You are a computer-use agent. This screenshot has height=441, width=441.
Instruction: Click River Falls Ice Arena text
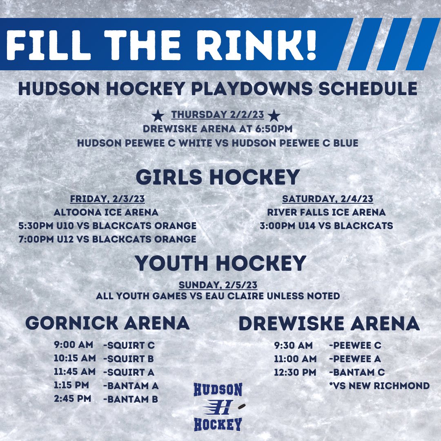[x=327, y=212]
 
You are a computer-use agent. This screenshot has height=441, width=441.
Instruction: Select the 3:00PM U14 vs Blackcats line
[x=327, y=225]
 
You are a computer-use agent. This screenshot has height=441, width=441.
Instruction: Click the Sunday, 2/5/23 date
[x=220, y=285]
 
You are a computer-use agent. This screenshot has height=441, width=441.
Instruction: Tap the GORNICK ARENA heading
[x=107, y=323]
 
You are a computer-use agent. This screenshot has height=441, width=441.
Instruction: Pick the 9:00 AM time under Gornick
[x=73, y=345]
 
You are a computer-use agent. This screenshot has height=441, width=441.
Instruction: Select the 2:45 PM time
[x=72, y=399]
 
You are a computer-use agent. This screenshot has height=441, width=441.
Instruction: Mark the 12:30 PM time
[x=295, y=372]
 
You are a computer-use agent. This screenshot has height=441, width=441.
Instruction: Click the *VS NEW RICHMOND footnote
[x=379, y=385]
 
